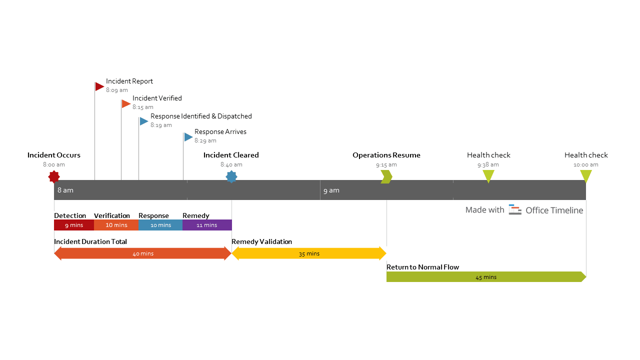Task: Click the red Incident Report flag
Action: click(x=99, y=86)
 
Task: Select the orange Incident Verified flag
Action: click(x=126, y=104)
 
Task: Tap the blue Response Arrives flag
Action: click(x=188, y=137)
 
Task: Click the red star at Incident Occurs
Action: click(x=54, y=176)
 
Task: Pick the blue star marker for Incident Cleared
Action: click(x=231, y=176)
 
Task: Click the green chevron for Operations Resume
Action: click(x=386, y=176)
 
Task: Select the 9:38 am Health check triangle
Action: click(x=488, y=175)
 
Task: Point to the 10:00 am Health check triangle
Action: click(x=586, y=175)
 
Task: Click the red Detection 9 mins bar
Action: click(x=74, y=225)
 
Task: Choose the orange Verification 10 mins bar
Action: click(x=116, y=225)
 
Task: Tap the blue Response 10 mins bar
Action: click(x=160, y=225)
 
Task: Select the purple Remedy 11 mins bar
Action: click(x=207, y=225)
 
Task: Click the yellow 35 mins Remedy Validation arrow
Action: click(x=309, y=253)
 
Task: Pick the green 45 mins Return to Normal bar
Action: click(x=486, y=277)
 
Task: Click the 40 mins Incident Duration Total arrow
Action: click(x=142, y=253)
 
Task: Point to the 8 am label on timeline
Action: click(x=65, y=190)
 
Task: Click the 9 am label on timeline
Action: click(x=331, y=190)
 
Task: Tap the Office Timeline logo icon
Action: click(x=515, y=210)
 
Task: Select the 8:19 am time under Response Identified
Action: click(x=161, y=125)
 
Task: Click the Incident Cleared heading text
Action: click(x=231, y=155)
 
